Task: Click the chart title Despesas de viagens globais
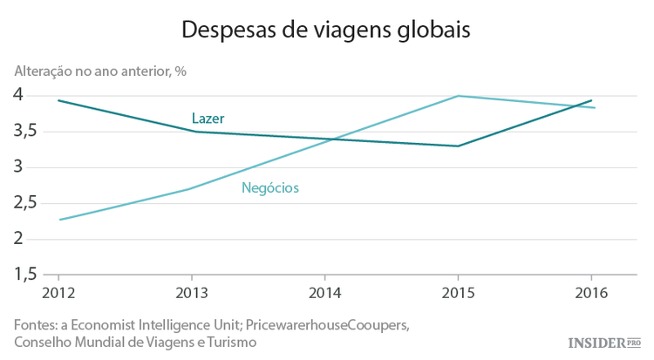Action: click(326, 30)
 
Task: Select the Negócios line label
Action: click(269, 187)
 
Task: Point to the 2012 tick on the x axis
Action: click(59, 292)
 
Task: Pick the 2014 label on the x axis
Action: click(325, 292)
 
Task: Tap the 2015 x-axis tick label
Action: click(459, 292)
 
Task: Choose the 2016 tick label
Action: click(592, 292)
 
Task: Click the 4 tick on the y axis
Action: click(18, 95)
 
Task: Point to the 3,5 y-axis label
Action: click(24, 132)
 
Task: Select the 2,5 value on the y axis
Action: click(24, 203)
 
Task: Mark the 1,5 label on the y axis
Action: click(24, 275)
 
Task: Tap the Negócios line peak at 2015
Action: click(459, 96)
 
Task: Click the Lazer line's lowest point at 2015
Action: click(459, 146)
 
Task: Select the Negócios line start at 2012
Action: click(59, 220)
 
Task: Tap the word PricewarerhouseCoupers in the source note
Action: click(327, 324)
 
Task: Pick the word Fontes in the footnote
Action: click(36, 324)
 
